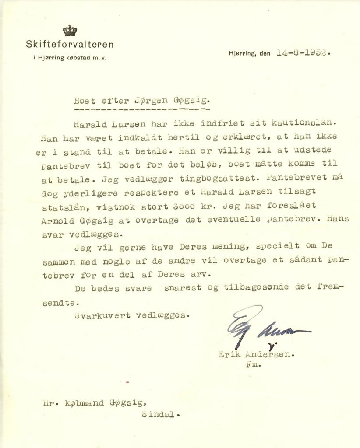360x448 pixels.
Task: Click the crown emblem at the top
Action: (70, 30)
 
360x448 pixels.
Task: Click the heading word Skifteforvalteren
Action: (70, 44)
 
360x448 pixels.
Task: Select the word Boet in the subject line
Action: (85, 100)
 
